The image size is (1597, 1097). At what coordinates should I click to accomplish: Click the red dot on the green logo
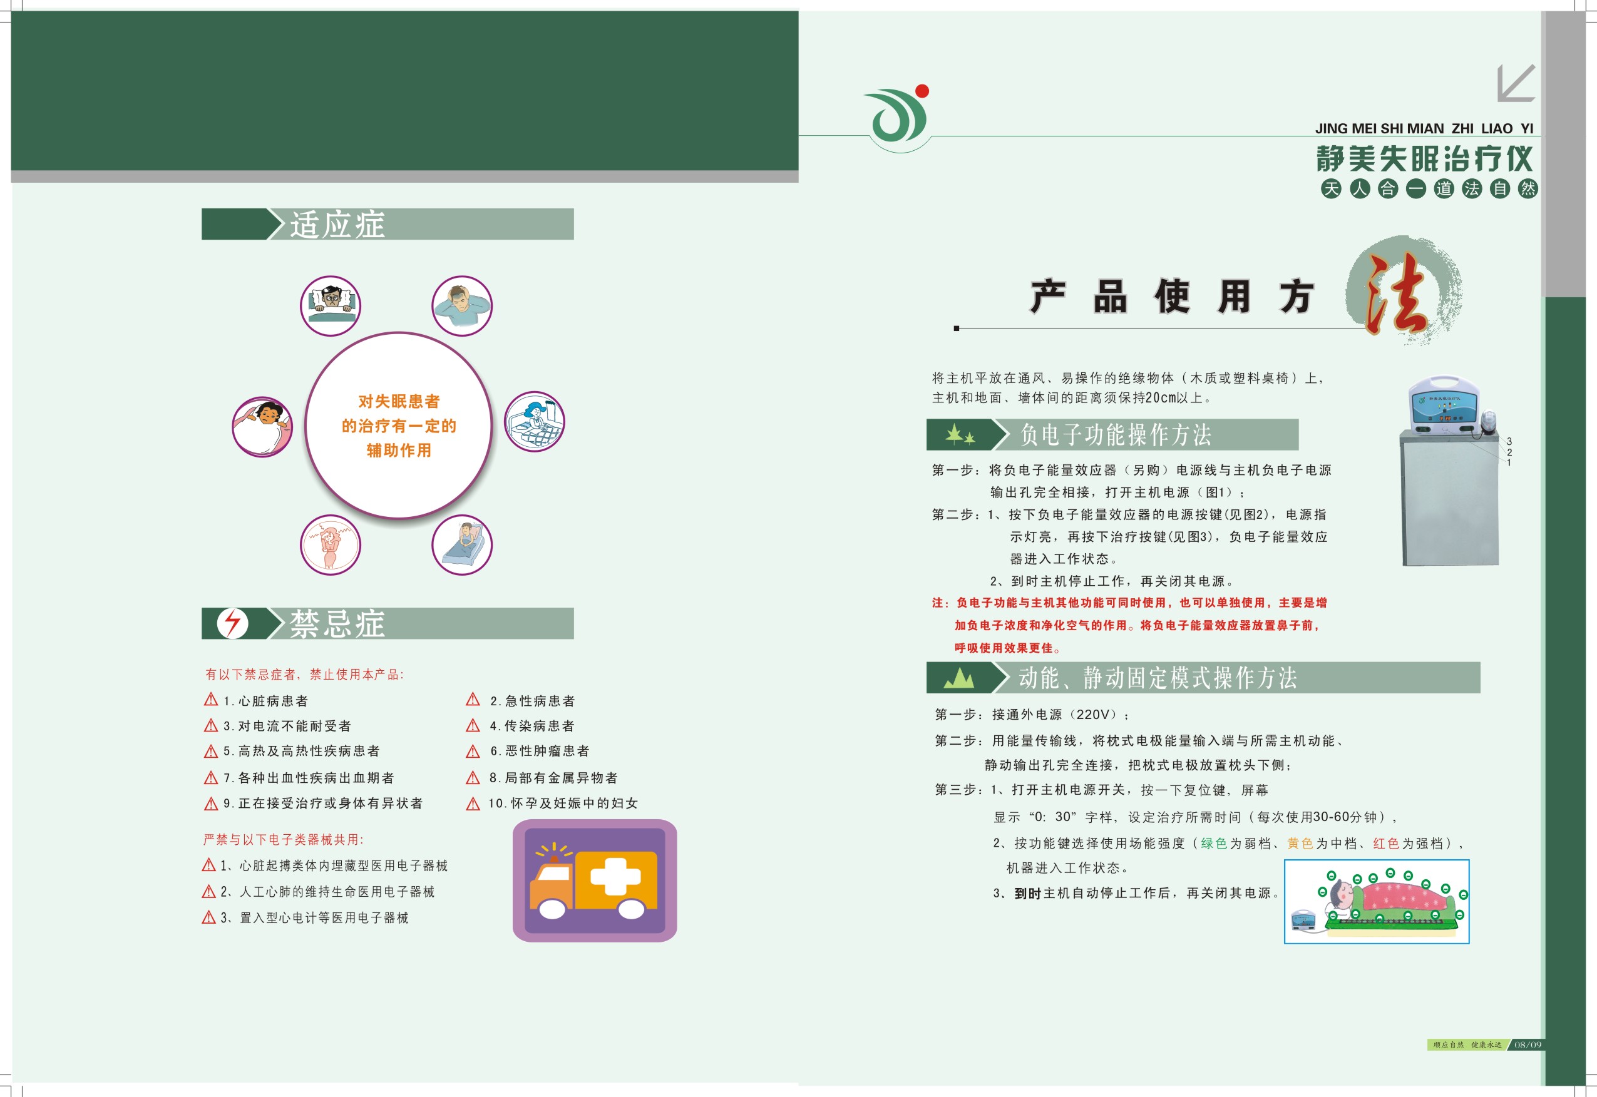(x=923, y=91)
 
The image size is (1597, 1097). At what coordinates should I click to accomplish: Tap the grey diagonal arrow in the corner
(x=1516, y=83)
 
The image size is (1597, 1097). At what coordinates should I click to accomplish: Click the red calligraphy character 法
(x=1396, y=293)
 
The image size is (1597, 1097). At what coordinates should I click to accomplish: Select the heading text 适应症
(x=337, y=225)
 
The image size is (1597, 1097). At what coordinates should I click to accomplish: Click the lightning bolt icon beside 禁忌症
(x=232, y=623)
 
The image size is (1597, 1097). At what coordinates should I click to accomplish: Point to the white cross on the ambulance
(x=615, y=876)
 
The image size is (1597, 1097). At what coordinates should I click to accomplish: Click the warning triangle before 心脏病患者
(x=211, y=700)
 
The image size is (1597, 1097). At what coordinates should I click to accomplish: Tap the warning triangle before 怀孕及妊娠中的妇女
(x=473, y=804)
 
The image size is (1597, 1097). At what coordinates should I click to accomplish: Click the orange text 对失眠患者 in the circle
(x=399, y=401)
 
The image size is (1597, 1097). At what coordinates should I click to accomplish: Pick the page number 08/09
(x=1528, y=1045)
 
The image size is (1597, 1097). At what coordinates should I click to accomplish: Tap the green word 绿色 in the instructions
(x=1213, y=844)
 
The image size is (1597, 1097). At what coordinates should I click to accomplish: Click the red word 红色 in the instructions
(x=1386, y=844)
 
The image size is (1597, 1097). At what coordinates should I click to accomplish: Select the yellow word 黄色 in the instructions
(x=1300, y=844)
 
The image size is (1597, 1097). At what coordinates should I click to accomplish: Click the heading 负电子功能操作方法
(x=1116, y=434)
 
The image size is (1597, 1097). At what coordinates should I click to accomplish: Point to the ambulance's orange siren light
(x=553, y=859)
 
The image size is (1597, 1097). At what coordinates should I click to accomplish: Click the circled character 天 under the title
(x=1331, y=188)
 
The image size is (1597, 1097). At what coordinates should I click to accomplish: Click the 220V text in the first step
(x=1092, y=715)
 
